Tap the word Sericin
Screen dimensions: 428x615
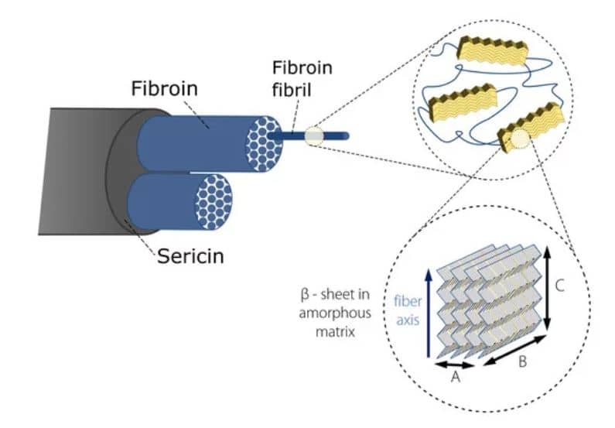point(190,255)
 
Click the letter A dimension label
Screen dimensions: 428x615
point(455,377)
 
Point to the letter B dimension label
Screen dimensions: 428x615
point(522,361)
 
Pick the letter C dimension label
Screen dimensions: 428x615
point(560,285)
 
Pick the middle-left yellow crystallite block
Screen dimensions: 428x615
point(461,98)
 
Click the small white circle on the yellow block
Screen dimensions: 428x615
point(514,139)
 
